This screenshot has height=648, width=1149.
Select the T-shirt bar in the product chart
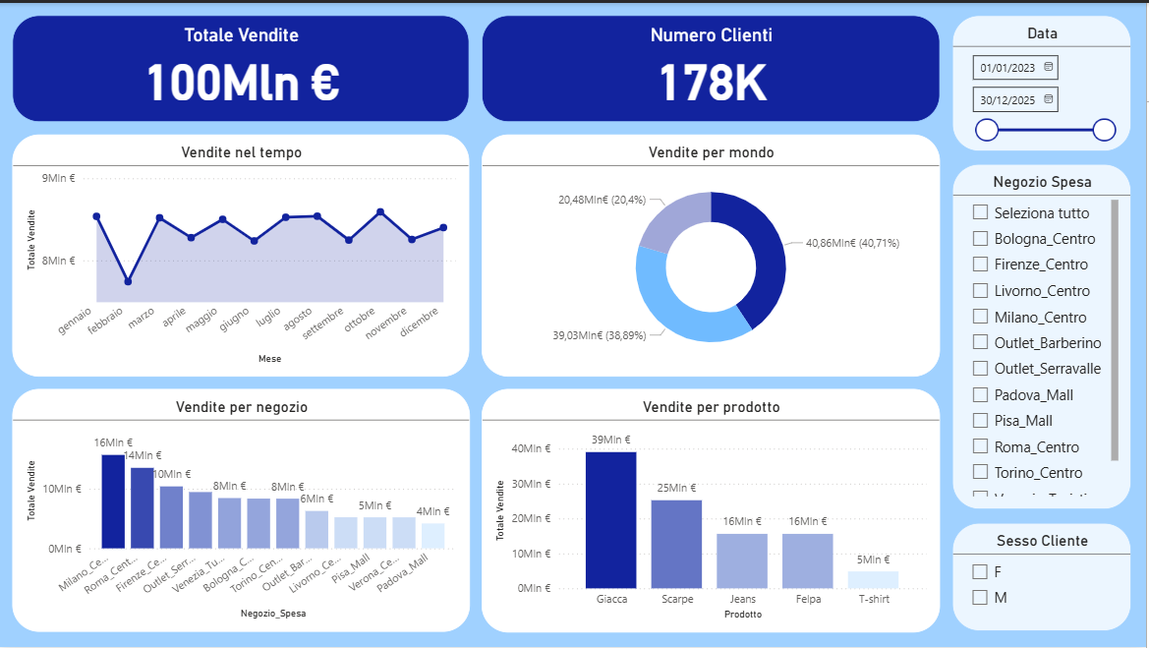pyautogui.click(x=873, y=579)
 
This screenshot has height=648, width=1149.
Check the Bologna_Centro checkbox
pyautogui.click(x=980, y=238)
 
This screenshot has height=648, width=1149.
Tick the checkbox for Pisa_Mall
pyautogui.click(x=980, y=420)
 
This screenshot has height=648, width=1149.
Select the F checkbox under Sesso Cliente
pyautogui.click(x=980, y=571)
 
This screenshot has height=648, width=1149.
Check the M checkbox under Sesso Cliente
pyautogui.click(x=980, y=597)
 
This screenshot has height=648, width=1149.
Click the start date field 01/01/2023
pyautogui.click(x=1007, y=68)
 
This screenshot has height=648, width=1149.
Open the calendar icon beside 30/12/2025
pyautogui.click(x=1049, y=99)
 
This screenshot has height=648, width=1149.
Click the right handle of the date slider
pyautogui.click(x=1104, y=130)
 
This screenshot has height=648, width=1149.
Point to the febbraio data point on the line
pyautogui.click(x=128, y=282)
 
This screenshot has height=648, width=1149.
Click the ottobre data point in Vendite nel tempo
pyautogui.click(x=380, y=211)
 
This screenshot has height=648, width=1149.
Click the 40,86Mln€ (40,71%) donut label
pyautogui.click(x=852, y=243)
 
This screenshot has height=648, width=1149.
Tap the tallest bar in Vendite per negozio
pyautogui.click(x=113, y=501)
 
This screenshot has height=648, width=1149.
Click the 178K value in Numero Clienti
pyautogui.click(x=711, y=83)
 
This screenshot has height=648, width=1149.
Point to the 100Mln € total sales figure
pyautogui.click(x=242, y=83)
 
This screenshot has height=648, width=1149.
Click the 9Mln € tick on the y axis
pyautogui.click(x=58, y=179)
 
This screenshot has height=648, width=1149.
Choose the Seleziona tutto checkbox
pyautogui.click(x=980, y=212)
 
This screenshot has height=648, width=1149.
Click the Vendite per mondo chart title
pyautogui.click(x=711, y=152)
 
